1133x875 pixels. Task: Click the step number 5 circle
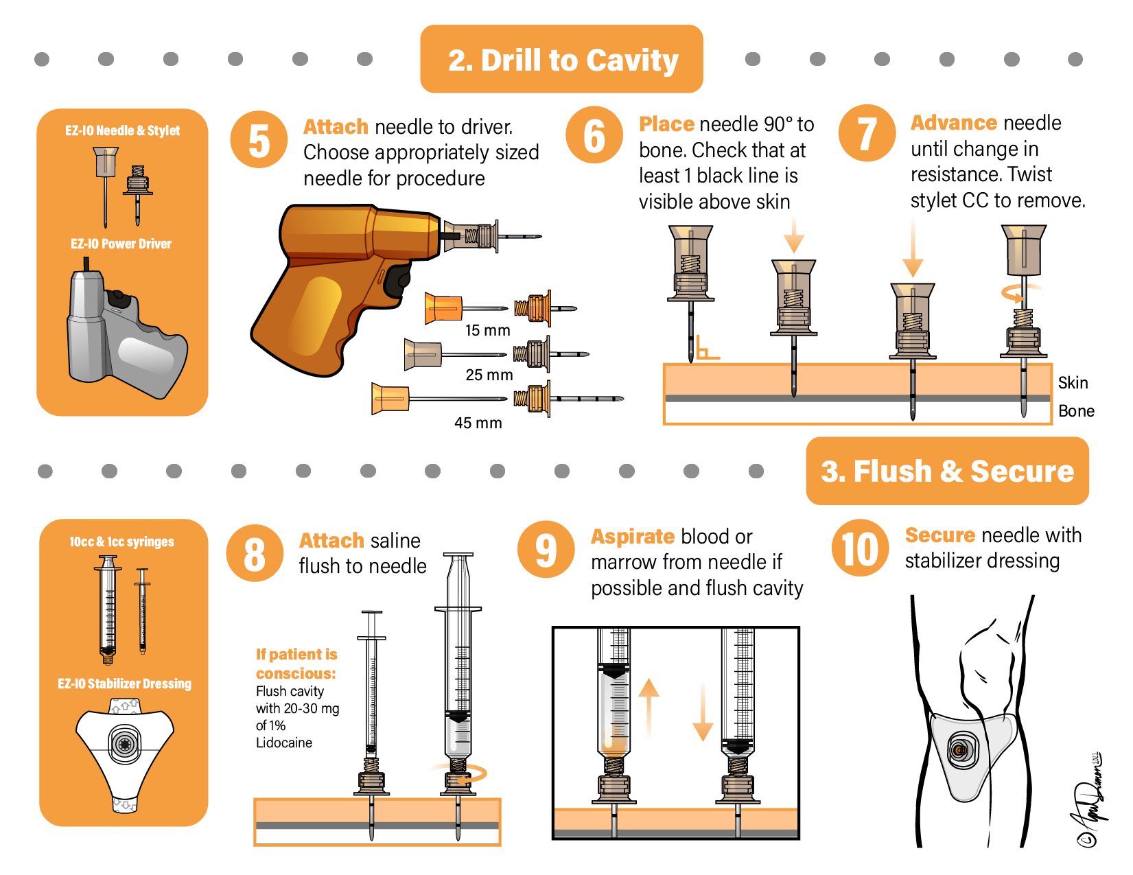[259, 140]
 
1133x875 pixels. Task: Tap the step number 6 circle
[594, 135]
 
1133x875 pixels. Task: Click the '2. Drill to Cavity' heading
[562, 60]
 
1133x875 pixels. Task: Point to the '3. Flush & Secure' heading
[947, 471]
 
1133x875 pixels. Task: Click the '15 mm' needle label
[487, 330]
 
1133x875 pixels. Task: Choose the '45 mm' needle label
[478, 423]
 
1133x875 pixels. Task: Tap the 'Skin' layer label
[1073, 383]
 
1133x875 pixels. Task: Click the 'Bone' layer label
[1075, 411]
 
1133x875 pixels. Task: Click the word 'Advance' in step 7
[953, 123]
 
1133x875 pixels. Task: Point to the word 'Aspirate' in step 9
[633, 537]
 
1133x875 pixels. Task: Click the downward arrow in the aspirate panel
[703, 714]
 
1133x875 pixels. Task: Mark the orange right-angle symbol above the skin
[706, 349]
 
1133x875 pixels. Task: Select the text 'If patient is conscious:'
[296, 664]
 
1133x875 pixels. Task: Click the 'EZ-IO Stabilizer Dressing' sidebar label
[124, 684]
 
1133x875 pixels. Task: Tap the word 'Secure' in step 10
[939, 535]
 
